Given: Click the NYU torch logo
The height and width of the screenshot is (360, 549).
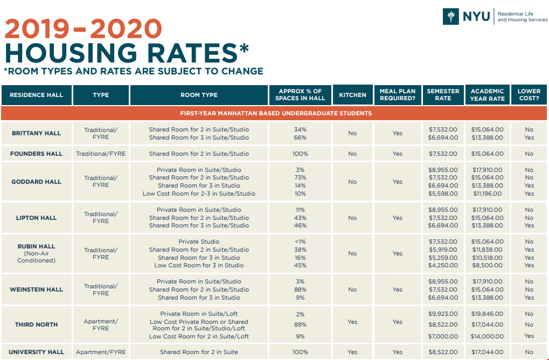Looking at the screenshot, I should click(x=450, y=16).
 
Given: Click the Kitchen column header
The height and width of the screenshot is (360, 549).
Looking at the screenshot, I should click(x=352, y=95).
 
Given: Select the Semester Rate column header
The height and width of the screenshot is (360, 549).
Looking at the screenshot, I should click(x=443, y=95).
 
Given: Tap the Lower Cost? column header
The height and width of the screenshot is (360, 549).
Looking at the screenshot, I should click(x=529, y=95).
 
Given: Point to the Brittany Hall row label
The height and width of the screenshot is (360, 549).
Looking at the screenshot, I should click(x=36, y=133).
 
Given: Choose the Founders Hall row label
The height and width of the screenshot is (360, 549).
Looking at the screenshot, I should click(x=36, y=154).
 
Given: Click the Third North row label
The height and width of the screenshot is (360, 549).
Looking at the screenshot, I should click(x=36, y=324).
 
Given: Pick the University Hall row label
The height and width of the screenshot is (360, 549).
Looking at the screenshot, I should click(x=36, y=352).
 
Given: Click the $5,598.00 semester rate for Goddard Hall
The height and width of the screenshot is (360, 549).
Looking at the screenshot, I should click(x=443, y=193).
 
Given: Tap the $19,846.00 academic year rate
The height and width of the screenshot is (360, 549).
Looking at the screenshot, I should click(x=487, y=314).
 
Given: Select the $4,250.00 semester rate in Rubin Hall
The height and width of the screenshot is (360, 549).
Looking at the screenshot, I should click(x=443, y=265).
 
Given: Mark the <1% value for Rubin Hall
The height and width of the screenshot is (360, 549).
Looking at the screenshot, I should click(x=300, y=241).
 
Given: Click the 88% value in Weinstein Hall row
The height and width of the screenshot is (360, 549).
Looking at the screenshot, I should click(x=300, y=289).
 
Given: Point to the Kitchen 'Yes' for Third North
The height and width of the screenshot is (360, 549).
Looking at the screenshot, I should click(x=352, y=322).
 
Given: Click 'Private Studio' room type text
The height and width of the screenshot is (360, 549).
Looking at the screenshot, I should click(x=199, y=241).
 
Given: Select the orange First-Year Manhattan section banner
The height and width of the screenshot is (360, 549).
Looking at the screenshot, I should click(x=274, y=113).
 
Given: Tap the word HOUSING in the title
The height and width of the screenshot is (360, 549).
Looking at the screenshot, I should click(x=65, y=53).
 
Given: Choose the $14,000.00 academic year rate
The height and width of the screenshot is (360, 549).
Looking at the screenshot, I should click(x=487, y=336).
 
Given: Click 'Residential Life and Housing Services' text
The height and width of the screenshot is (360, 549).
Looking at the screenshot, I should click(x=522, y=17).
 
